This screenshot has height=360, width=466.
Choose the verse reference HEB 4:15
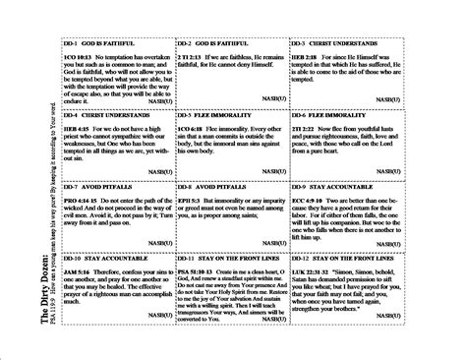pyautogui.click(x=76, y=130)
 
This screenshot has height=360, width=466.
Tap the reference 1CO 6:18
pyautogui.click(x=191, y=130)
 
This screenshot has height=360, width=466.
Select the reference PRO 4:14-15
pyautogui.click(x=82, y=200)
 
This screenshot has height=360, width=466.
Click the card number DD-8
pyautogui.click(x=186, y=186)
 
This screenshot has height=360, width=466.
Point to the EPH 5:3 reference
pyautogui.click(x=190, y=200)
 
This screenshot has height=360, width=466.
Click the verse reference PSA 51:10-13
pyautogui.click(x=198, y=270)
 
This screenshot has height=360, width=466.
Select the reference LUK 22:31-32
pyautogui.click(x=309, y=270)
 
